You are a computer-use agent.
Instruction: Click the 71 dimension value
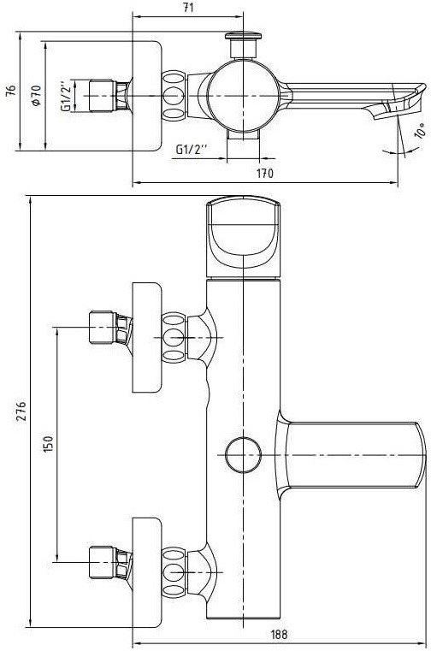(x=187, y=8)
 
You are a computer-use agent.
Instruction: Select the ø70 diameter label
(x=36, y=96)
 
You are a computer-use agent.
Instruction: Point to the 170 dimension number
(x=265, y=173)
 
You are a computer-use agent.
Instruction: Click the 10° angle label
(x=419, y=130)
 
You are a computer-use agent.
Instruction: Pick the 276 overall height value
(x=21, y=411)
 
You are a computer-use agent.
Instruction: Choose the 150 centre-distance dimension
(x=49, y=444)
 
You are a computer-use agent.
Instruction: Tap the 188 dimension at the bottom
(x=279, y=635)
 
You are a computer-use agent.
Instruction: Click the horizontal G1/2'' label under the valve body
(x=192, y=149)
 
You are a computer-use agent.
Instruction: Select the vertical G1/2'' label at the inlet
(x=66, y=96)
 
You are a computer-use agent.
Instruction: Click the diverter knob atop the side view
(x=244, y=44)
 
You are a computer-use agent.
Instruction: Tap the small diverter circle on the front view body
(x=244, y=454)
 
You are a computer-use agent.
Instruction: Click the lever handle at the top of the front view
(x=244, y=237)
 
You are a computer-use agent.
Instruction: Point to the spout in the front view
(x=351, y=455)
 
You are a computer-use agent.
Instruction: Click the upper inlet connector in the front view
(x=111, y=328)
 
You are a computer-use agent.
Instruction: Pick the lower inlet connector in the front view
(x=111, y=563)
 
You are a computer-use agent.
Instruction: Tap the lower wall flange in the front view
(x=146, y=572)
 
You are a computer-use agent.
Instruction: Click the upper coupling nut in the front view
(x=174, y=338)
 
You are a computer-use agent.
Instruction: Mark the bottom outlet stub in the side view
(x=244, y=135)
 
